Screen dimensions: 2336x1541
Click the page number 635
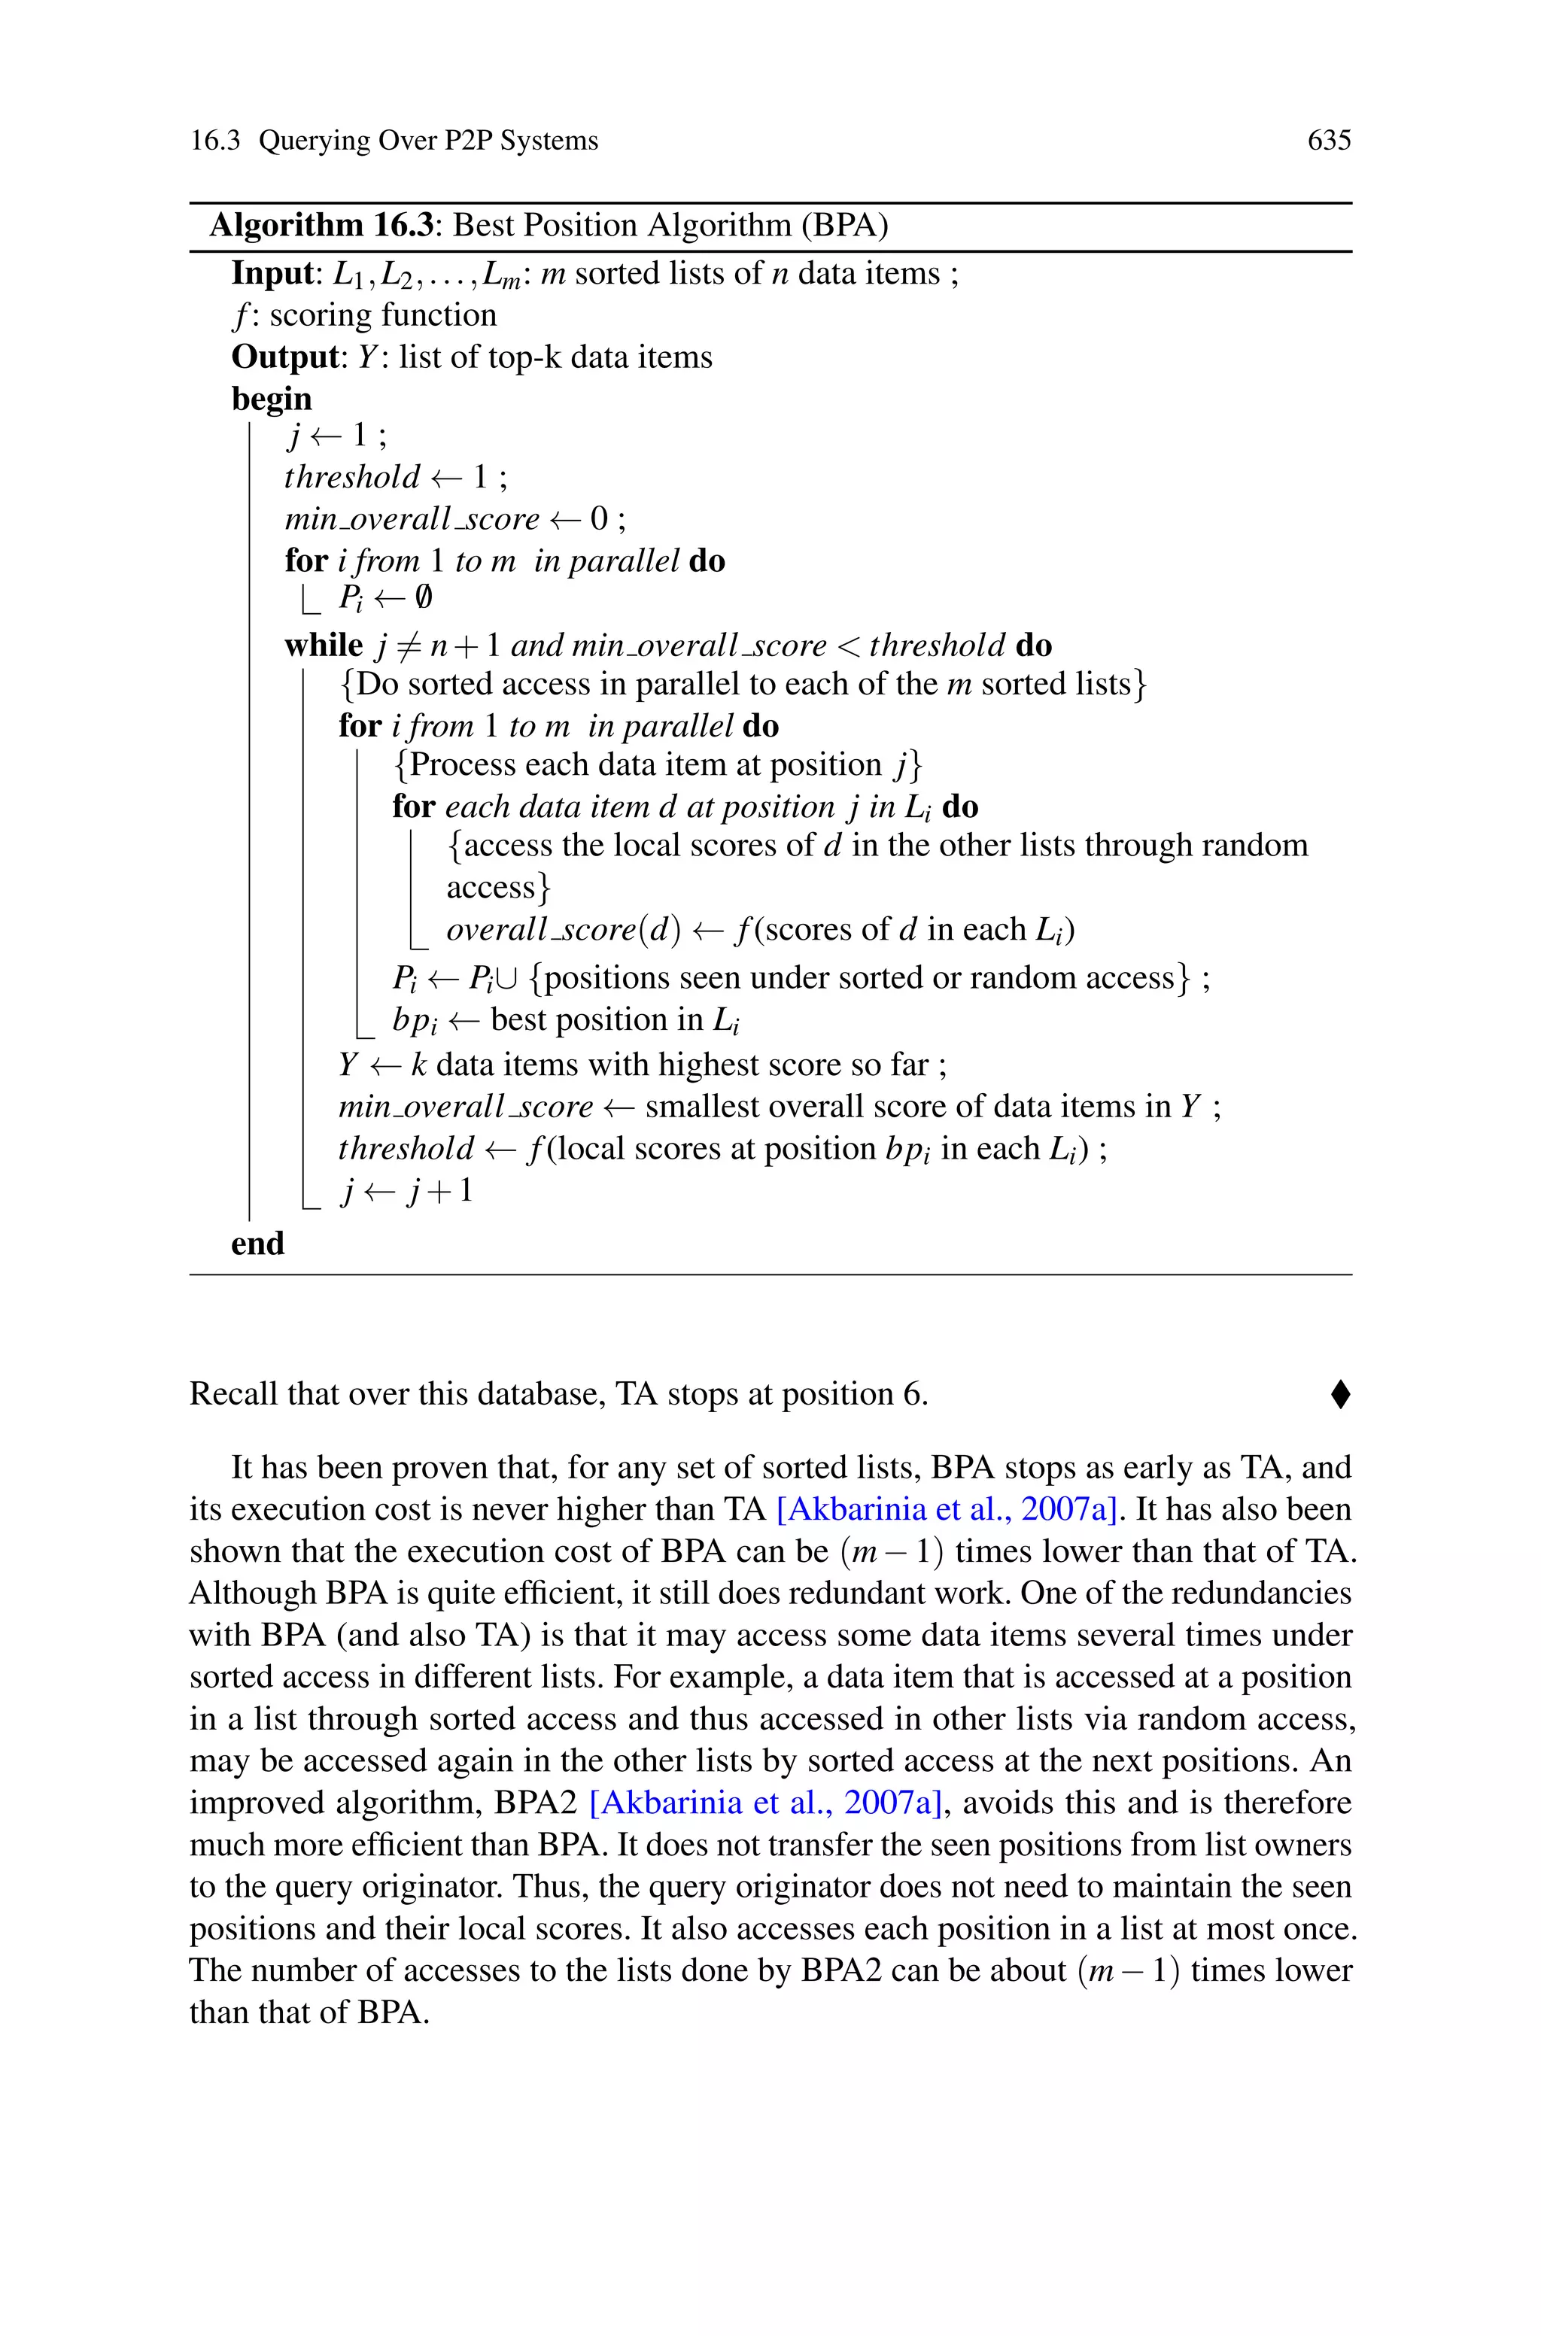point(1329,141)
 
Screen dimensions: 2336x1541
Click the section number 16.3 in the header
point(214,141)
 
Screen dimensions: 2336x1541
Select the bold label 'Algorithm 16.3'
point(321,225)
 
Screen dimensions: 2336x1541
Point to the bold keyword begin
point(271,399)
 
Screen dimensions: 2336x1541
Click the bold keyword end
point(257,1244)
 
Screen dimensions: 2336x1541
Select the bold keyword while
point(324,646)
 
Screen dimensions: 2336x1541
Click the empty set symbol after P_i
point(423,597)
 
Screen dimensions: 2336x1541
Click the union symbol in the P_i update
point(507,978)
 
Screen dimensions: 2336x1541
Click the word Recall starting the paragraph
point(232,1394)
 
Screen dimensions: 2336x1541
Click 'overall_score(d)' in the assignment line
point(563,929)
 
